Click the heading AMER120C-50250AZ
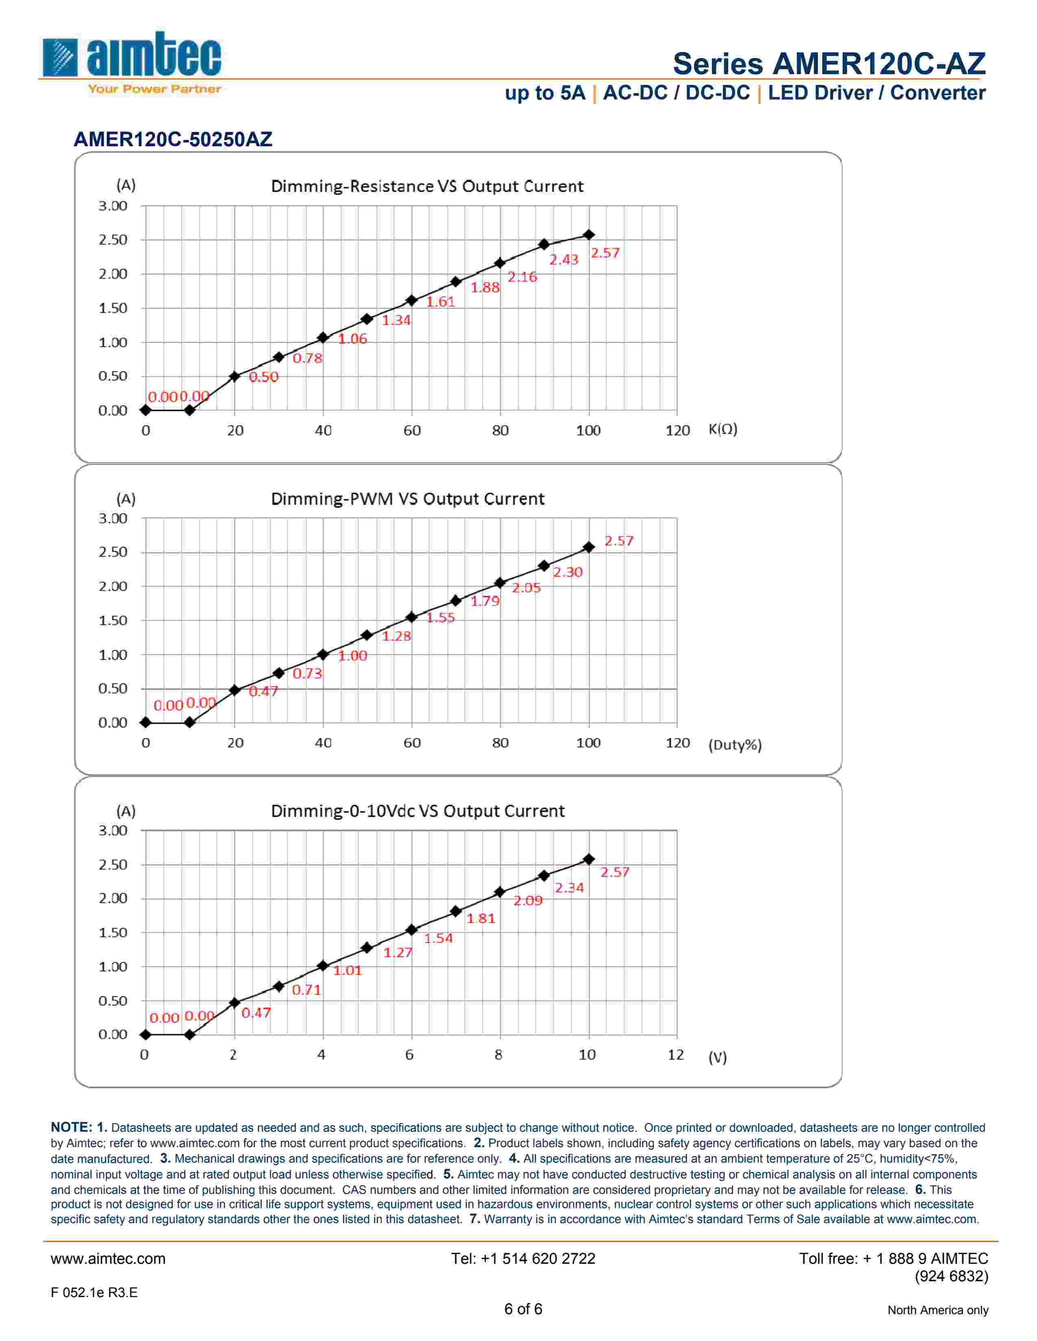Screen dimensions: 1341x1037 (172, 139)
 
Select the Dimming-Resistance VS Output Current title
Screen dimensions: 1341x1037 (427, 186)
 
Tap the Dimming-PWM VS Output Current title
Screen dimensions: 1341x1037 (407, 499)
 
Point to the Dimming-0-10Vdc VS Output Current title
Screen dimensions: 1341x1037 (417, 811)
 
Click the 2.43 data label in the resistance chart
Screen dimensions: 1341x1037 (563, 260)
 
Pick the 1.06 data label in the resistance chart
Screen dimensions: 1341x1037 (352, 339)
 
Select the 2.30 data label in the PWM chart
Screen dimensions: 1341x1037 (567, 572)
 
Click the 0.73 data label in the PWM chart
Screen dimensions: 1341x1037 (307, 674)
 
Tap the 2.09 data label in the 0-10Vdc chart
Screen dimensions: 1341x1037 (528, 901)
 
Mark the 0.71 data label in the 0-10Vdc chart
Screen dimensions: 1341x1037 (306, 990)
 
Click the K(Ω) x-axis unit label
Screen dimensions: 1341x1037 (723, 429)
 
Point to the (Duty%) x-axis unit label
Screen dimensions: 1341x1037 (735, 745)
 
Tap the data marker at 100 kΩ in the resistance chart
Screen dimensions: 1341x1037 (588, 234)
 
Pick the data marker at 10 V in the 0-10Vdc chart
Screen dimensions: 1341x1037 (588, 859)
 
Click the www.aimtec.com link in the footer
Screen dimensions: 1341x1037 (108, 1259)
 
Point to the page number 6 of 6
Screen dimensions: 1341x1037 (523, 1309)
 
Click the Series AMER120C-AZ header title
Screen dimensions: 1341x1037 (829, 64)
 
